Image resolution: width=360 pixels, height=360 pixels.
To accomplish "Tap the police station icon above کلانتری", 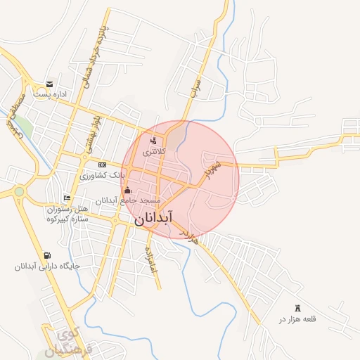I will [x=153, y=139].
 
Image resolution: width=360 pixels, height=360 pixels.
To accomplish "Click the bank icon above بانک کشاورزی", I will [x=101, y=164].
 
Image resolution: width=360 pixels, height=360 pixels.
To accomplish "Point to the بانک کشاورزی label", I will [x=102, y=175].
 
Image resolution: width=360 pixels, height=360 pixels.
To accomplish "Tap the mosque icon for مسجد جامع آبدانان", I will [x=127, y=190].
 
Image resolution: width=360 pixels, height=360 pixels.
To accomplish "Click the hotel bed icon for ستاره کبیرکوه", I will [x=67, y=198].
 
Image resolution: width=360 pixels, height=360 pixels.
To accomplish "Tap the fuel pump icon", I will [x=46, y=255].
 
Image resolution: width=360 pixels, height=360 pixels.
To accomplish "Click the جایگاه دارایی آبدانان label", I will [x=45, y=266].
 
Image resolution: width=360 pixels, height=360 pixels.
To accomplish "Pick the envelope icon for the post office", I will [x=49, y=84].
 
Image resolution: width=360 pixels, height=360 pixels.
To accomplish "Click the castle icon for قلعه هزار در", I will [x=297, y=307].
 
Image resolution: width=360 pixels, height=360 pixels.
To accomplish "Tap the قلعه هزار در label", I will [x=298, y=319].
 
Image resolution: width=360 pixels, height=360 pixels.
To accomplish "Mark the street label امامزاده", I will [x=150, y=259].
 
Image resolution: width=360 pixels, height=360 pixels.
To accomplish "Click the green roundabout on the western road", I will [x=19, y=191].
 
